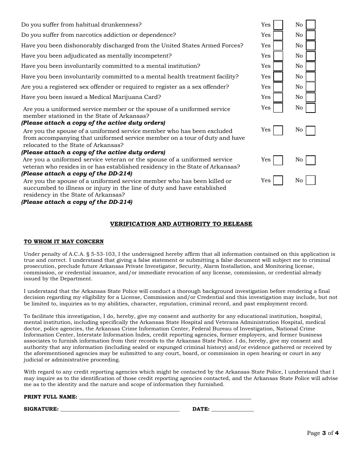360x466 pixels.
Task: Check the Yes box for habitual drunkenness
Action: tap(278, 25)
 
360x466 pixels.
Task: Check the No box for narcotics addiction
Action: tap(310, 35)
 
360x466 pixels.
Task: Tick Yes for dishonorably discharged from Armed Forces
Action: tap(278, 46)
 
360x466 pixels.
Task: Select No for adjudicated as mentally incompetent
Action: tap(310, 56)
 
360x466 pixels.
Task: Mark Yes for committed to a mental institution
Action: tap(278, 66)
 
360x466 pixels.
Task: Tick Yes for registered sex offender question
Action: tap(278, 87)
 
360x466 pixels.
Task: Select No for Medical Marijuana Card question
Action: tap(310, 97)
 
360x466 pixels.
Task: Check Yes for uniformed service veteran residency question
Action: tap(278, 160)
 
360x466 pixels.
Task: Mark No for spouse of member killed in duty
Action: tap(310, 180)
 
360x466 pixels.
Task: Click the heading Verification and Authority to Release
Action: tap(181, 224)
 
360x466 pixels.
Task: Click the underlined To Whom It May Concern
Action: tap(64, 242)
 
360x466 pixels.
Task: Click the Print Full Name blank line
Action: tap(165, 397)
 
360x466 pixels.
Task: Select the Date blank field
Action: tap(232, 409)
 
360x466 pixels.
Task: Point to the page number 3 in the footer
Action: tap(324, 433)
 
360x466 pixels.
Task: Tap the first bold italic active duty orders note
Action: tap(93, 123)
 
